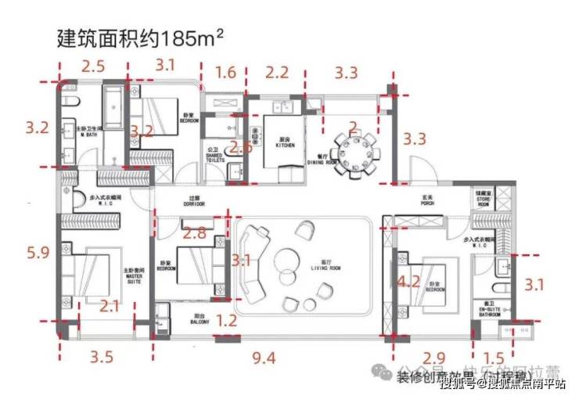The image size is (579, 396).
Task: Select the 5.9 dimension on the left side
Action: tap(38, 252)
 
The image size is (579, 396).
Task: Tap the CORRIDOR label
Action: tap(194, 202)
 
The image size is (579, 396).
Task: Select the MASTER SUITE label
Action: tap(133, 275)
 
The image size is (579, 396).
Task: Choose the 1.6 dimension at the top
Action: tap(225, 74)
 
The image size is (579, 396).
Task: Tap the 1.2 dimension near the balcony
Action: tap(226, 320)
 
